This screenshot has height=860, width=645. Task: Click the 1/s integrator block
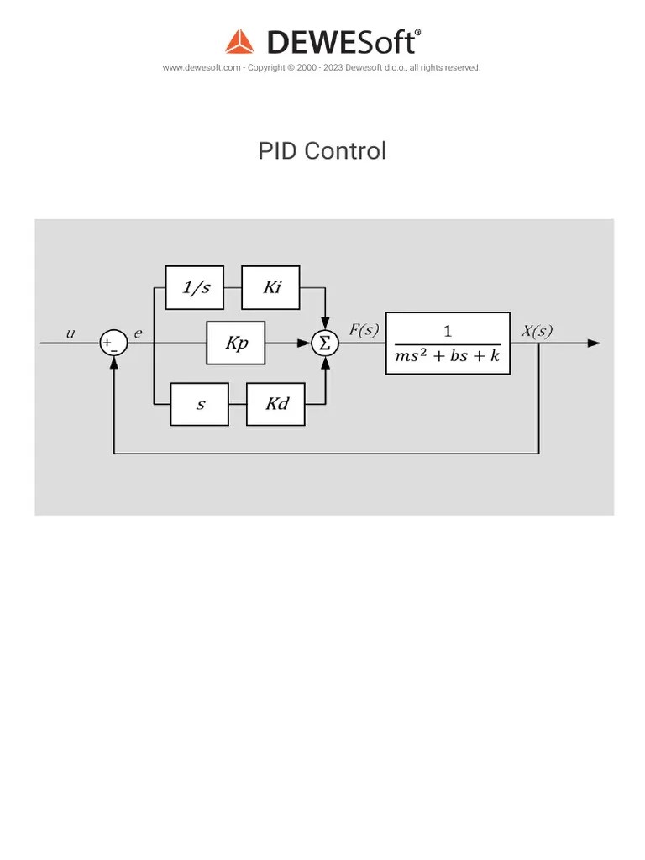point(195,287)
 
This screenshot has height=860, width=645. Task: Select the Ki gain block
point(270,287)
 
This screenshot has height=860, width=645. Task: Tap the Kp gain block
point(236,343)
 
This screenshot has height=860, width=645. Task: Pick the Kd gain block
point(275,404)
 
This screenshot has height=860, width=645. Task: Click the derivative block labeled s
point(199,404)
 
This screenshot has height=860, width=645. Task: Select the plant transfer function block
point(448,343)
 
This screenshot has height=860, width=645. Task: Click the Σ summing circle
point(324,343)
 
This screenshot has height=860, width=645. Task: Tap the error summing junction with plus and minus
point(113,343)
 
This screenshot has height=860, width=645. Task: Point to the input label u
point(71,333)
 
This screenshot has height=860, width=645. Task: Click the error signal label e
point(139,333)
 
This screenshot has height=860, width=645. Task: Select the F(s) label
point(364,330)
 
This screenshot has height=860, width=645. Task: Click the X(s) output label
point(537,330)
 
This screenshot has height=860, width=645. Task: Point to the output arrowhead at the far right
point(595,343)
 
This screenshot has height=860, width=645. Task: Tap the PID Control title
point(322,151)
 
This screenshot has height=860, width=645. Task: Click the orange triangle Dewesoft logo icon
point(239,42)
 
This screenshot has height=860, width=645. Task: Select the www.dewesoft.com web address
point(202,68)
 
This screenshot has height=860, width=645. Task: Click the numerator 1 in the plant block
point(448,332)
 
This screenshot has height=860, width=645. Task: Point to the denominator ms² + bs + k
point(447,356)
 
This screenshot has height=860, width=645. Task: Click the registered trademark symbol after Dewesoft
point(417,33)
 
